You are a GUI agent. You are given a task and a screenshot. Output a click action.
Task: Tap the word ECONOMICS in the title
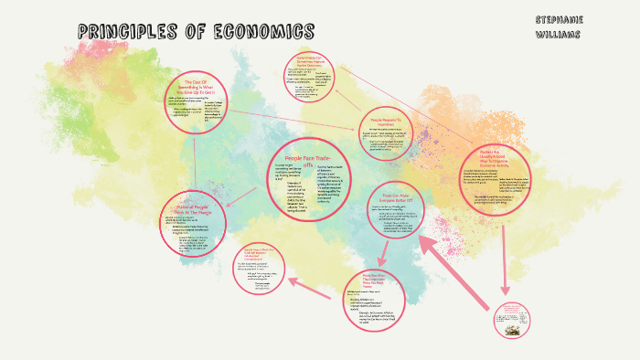click(x=262, y=32)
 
